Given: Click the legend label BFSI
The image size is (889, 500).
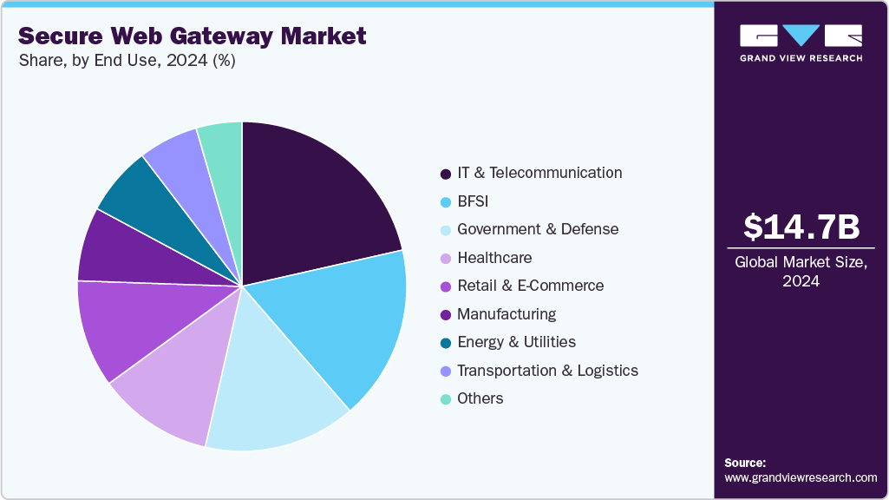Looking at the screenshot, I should click(473, 201).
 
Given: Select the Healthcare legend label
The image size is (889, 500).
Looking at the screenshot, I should click(494, 258).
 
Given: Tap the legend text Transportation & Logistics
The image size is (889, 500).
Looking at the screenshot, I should click(547, 371).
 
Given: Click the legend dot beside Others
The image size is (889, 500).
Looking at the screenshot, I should click(446, 399).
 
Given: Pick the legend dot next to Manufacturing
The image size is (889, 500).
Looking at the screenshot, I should click(446, 314).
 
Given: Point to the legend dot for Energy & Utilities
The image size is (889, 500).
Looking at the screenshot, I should click(446, 343).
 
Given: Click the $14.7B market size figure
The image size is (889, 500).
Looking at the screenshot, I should click(801, 227).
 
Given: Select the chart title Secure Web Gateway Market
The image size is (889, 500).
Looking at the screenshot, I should click(192, 36).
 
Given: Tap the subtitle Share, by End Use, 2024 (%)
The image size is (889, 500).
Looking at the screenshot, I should click(127, 61).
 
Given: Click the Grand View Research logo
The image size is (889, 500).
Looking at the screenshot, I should click(801, 42).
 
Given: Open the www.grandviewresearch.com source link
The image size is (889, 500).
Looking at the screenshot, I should click(801, 477).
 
